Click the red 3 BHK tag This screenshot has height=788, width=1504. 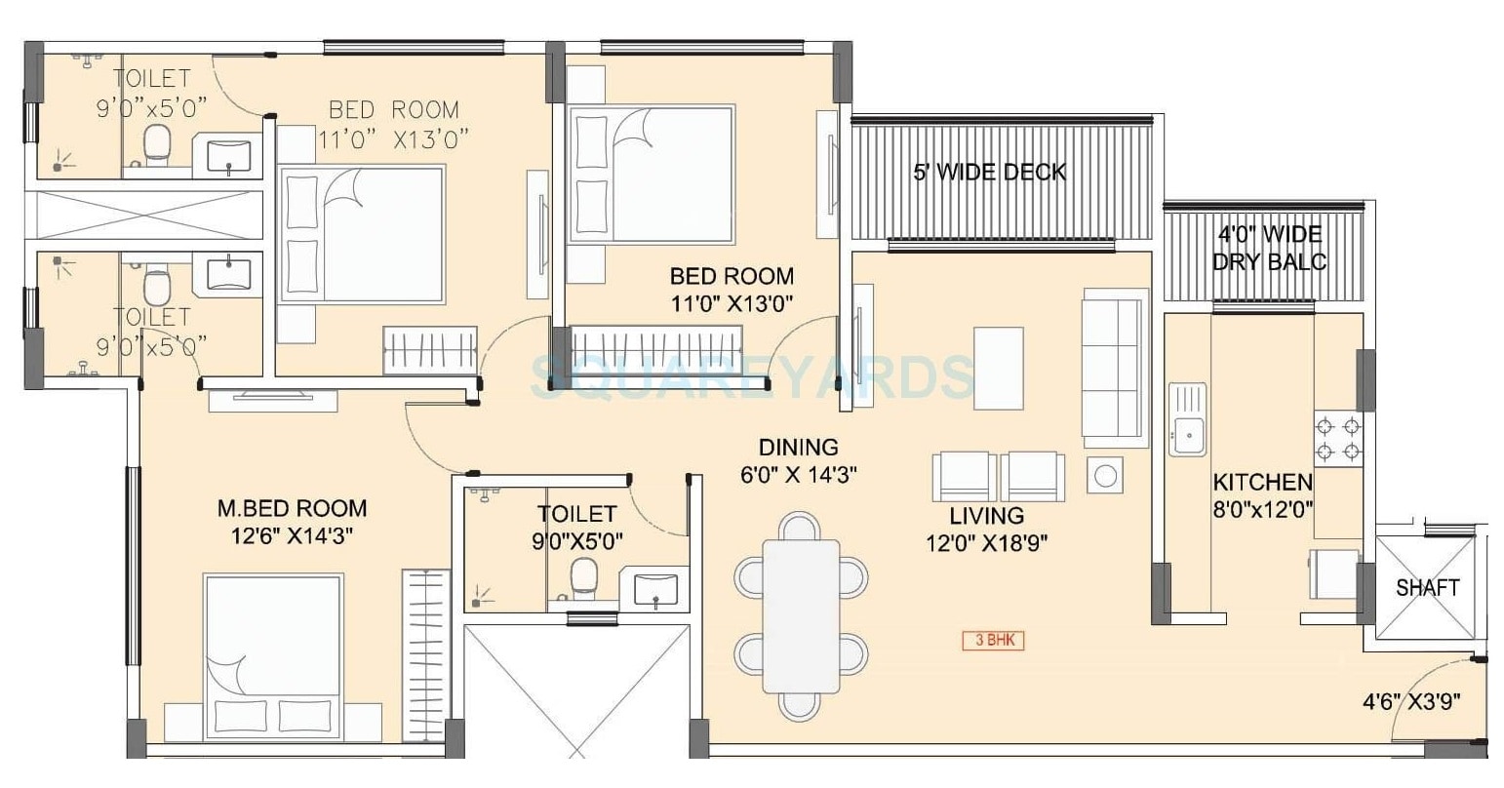pyautogui.click(x=993, y=641)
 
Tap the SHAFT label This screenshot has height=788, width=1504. pyautogui.click(x=1427, y=587)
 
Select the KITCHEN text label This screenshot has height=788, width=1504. pyautogui.click(x=1262, y=482)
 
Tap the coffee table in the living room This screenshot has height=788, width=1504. pyautogui.click(x=999, y=369)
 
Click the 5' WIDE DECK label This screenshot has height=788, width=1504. pyautogui.click(x=989, y=173)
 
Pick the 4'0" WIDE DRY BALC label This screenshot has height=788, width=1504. pyautogui.click(x=1269, y=248)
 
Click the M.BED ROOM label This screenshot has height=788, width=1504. pyautogui.click(x=291, y=508)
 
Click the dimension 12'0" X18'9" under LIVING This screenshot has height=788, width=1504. pyautogui.click(x=987, y=542)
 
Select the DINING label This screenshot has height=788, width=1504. pyautogui.click(x=798, y=447)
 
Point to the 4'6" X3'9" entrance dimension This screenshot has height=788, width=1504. pyautogui.click(x=1410, y=701)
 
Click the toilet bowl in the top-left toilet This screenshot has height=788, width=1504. pyautogui.click(x=156, y=144)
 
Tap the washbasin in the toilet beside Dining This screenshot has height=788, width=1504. pyautogui.click(x=655, y=590)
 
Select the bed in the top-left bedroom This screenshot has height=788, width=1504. pyautogui.click(x=362, y=233)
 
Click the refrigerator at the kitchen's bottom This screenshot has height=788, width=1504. pyautogui.click(x=1333, y=575)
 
